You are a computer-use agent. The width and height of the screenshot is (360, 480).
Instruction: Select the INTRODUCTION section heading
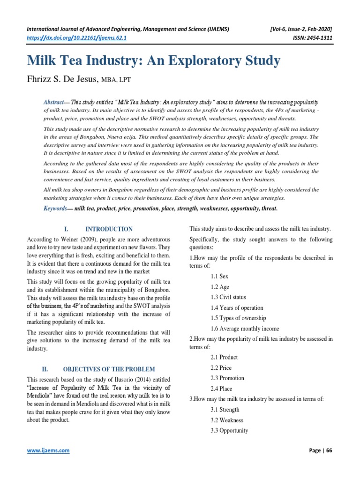108,229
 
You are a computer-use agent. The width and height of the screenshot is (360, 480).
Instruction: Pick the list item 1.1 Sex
219,277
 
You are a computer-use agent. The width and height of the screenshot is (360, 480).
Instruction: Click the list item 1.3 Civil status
228,297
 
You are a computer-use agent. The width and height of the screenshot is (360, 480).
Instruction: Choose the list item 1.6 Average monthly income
245,328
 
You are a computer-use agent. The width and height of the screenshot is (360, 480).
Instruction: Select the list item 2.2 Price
221,368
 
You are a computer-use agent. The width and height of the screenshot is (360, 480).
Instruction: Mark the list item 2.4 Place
221,389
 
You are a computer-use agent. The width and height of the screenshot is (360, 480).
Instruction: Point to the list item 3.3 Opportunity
229,430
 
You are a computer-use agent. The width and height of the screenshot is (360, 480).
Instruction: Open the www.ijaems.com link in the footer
48,450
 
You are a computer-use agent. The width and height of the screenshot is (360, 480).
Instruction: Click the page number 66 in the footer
329,450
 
